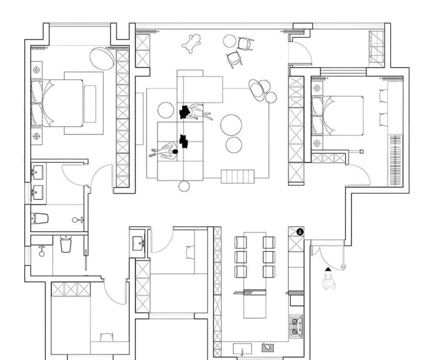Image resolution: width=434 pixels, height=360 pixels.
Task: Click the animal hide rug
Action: point(192,43)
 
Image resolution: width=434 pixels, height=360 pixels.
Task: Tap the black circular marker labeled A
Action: point(300,232)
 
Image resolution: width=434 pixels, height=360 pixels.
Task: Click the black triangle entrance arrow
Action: point(328,269)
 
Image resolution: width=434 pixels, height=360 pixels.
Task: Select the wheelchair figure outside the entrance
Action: point(329,282)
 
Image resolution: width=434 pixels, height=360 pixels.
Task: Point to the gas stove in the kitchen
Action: point(296,326)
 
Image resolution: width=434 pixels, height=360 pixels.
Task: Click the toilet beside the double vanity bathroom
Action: point(40,218)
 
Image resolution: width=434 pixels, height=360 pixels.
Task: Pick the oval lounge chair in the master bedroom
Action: point(102,59)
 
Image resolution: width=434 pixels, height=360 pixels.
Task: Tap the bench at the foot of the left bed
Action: point(90,104)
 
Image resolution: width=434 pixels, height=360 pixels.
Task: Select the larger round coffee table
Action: point(231,125)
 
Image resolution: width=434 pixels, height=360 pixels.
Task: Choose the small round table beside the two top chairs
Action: point(229,41)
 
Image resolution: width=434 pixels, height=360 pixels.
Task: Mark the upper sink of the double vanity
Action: point(38,172)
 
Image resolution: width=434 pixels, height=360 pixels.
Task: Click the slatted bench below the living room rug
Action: point(238,176)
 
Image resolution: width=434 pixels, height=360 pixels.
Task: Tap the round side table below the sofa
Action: point(184,186)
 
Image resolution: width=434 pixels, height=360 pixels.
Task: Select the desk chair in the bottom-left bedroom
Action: point(106,337)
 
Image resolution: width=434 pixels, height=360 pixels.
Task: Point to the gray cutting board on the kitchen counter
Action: point(268,348)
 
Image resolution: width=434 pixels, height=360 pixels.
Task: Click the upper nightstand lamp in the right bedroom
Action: point(317,88)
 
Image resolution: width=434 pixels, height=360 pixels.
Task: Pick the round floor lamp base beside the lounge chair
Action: point(271,98)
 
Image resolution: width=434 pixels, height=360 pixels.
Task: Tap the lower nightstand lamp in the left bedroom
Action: point(36,136)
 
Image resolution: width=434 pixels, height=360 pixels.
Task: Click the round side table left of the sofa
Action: point(166,110)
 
